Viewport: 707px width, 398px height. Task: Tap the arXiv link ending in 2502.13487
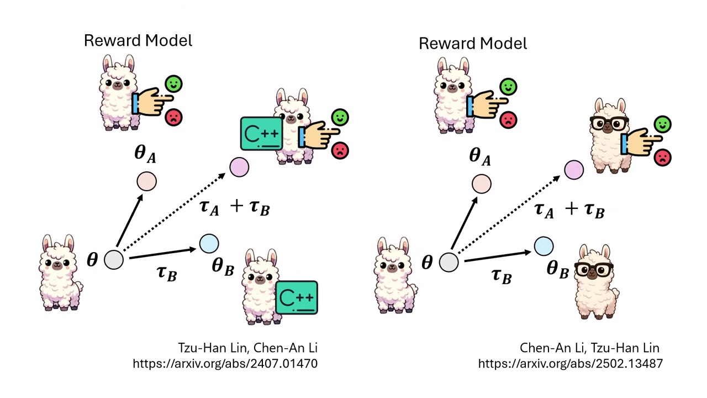point(570,363)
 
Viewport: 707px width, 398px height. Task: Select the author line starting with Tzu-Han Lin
point(247,348)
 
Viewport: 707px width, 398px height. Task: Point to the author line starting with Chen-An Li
point(589,348)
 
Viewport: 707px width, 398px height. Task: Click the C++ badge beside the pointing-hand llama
point(261,133)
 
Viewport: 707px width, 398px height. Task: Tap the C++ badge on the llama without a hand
point(297,297)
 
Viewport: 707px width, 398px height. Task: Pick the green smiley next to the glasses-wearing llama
point(661,124)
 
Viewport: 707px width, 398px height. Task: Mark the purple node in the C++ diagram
point(239,167)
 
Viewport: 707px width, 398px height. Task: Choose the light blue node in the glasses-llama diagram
point(544,245)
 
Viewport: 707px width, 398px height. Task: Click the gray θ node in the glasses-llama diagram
point(449,262)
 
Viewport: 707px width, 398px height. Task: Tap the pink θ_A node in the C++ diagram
point(147,181)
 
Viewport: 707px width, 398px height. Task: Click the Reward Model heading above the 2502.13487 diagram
point(473,43)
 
